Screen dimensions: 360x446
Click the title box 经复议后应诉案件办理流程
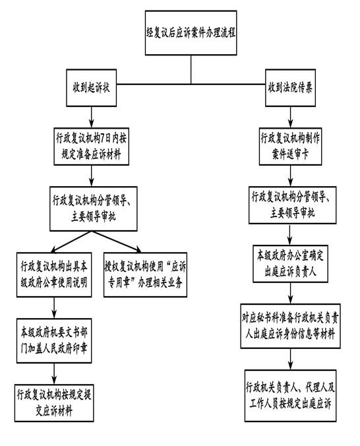click(191, 33)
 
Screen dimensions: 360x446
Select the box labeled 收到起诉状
click(91, 88)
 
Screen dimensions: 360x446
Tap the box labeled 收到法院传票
click(290, 88)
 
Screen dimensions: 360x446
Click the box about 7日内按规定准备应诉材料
click(91, 146)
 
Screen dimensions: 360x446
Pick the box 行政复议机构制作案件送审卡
click(290, 146)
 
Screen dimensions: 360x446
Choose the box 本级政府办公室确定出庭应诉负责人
click(290, 264)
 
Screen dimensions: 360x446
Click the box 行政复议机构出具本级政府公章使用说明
click(54, 274)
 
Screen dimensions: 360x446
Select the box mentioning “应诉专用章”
click(145, 274)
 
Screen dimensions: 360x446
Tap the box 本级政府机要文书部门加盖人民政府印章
click(54, 340)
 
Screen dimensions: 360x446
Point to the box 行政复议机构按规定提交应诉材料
click(54, 403)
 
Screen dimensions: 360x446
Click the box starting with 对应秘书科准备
click(290, 326)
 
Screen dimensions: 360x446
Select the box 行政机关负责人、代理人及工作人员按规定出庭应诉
click(290, 396)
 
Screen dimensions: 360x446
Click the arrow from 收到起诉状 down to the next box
click(91, 117)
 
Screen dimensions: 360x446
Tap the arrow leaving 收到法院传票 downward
click(290, 117)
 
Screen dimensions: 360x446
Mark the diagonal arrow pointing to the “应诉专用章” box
click(116, 241)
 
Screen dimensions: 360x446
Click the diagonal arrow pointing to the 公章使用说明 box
click(71, 241)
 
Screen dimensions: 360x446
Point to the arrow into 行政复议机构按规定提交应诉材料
click(54, 373)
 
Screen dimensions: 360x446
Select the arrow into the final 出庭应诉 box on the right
click(290, 359)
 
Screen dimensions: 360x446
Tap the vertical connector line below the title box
click(191, 70)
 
